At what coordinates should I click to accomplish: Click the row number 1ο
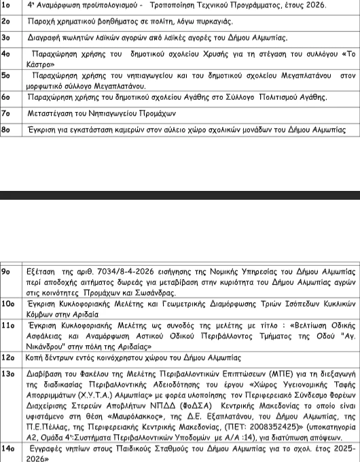tap(6, 5)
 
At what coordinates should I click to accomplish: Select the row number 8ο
tap(6, 129)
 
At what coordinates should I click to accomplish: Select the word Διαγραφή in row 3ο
tap(47, 37)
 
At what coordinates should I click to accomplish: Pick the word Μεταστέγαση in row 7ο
tap(55, 113)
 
